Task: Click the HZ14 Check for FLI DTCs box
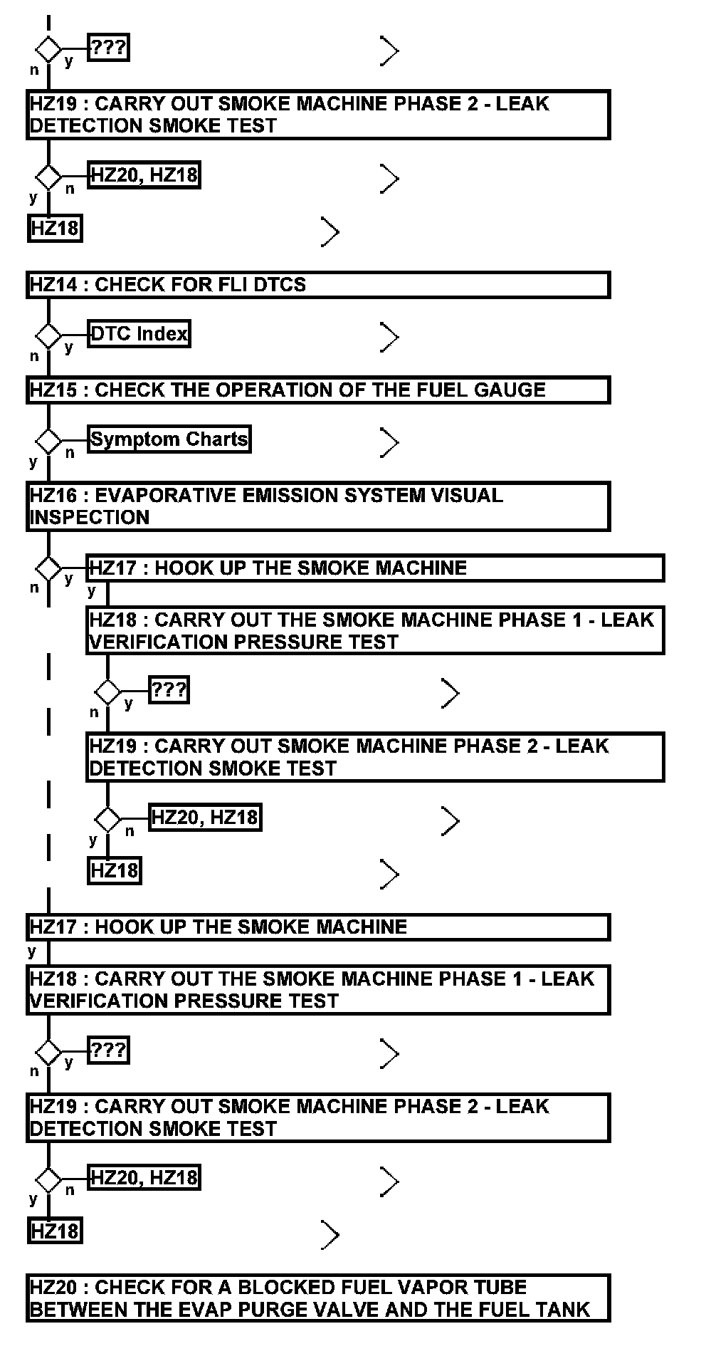pos(317,285)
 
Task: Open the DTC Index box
pos(139,334)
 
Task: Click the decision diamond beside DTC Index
pos(48,335)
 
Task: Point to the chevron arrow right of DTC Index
pos(389,338)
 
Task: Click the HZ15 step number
pos(53,390)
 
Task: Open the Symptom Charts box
pos(169,439)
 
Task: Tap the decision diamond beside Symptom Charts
pos(48,441)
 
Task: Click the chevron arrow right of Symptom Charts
pos(389,443)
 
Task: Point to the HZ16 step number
pos(53,496)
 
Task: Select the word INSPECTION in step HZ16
pos(90,518)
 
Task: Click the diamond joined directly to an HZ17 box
pos(48,569)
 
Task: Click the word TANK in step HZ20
pos(563,1310)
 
